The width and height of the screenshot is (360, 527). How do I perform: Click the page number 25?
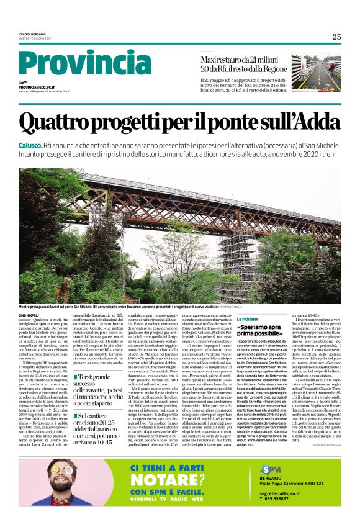336,37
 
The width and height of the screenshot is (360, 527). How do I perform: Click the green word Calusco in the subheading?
30,144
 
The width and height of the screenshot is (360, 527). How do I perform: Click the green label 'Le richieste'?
247,318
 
